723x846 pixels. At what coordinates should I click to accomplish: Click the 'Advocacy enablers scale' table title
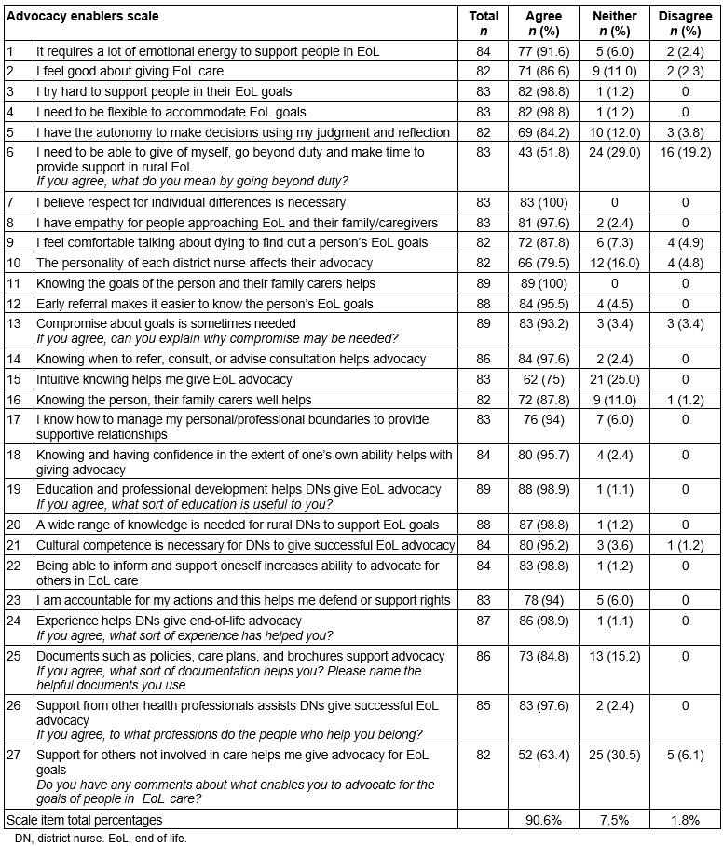coord(83,17)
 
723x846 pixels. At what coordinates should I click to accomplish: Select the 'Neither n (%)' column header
coord(615,23)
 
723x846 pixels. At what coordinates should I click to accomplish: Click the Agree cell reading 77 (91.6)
coord(543,51)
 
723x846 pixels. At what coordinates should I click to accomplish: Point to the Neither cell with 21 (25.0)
coord(615,379)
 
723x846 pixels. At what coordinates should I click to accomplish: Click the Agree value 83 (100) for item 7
coord(543,202)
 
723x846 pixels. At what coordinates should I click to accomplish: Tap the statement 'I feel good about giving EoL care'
coord(130,71)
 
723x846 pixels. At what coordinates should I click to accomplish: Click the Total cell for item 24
coord(484,621)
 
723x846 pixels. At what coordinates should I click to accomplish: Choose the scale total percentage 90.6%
coord(543,820)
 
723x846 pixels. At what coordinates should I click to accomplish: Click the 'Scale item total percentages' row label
coord(85,820)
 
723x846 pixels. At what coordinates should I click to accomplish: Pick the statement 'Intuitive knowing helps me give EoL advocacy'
coord(164,379)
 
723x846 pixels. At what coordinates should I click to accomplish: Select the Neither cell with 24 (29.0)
coord(615,151)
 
